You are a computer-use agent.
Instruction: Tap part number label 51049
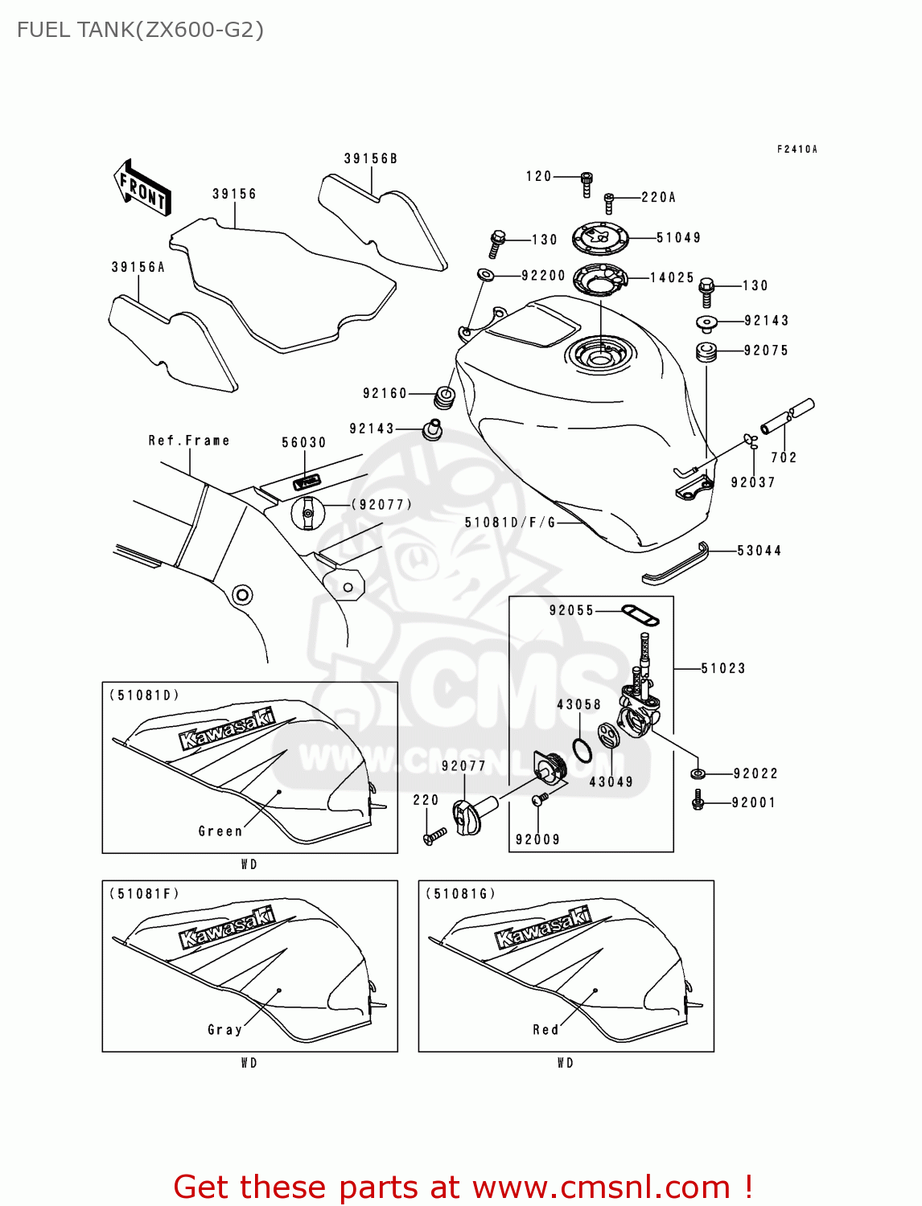678,238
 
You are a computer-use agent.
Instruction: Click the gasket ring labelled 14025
599,279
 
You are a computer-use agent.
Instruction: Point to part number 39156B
371,159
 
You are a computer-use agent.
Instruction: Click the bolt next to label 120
587,184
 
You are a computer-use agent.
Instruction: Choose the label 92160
385,394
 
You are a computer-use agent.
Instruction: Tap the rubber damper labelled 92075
706,352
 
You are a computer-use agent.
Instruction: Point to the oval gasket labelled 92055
640,616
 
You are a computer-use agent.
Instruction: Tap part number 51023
722,669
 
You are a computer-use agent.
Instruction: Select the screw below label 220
434,837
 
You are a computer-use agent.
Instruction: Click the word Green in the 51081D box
220,831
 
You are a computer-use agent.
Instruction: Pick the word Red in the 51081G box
545,1030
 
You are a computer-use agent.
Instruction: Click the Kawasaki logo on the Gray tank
226,928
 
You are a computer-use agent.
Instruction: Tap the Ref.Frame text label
189,441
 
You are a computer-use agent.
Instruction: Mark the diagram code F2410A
796,150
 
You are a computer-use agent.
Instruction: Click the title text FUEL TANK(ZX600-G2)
140,31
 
